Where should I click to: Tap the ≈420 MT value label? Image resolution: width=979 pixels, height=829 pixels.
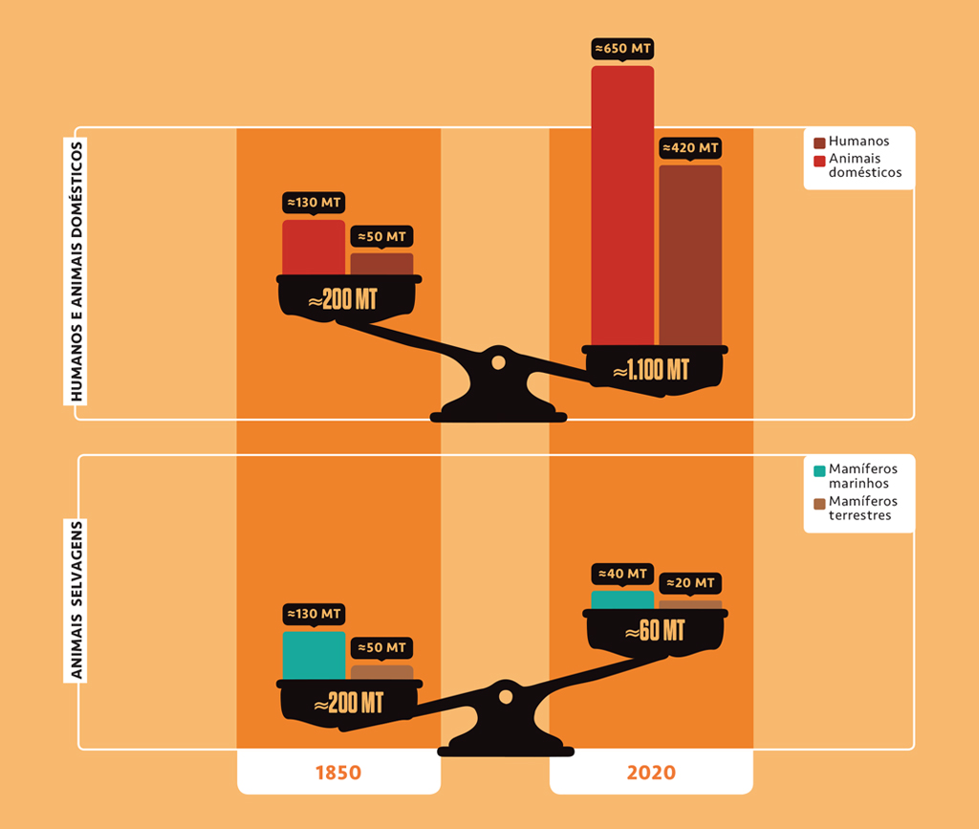pyautogui.click(x=690, y=148)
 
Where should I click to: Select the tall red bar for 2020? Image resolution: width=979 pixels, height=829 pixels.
pyautogui.click(x=622, y=206)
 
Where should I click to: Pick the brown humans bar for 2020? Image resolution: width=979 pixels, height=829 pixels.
pyautogui.click(x=690, y=254)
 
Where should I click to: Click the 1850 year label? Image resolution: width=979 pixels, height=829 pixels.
pyautogui.click(x=338, y=773)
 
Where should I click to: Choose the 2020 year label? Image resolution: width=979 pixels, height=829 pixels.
pyautogui.click(x=651, y=773)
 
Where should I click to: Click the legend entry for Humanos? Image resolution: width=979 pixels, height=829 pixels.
pyautogui.click(x=858, y=142)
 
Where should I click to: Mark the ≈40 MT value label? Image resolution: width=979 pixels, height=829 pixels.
pyautogui.click(x=622, y=574)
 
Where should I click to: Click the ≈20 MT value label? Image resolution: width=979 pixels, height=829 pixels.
pyautogui.click(x=690, y=583)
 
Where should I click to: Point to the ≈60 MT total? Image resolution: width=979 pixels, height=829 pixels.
pyautogui.click(x=655, y=631)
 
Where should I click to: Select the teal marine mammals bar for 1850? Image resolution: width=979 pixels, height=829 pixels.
pyautogui.click(x=314, y=655)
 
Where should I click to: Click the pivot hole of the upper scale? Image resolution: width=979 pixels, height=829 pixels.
pyautogui.click(x=497, y=362)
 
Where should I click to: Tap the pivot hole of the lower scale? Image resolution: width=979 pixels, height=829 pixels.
pyautogui.click(x=504, y=695)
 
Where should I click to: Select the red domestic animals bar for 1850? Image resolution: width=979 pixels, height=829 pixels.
pyautogui.click(x=314, y=248)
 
